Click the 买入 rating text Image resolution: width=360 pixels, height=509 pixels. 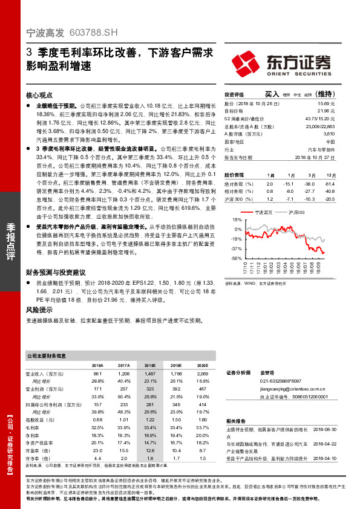pos(273,94)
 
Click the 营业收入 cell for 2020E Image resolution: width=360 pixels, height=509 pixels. pos(203,375)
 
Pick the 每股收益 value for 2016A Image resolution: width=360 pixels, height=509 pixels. pos(97,419)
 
